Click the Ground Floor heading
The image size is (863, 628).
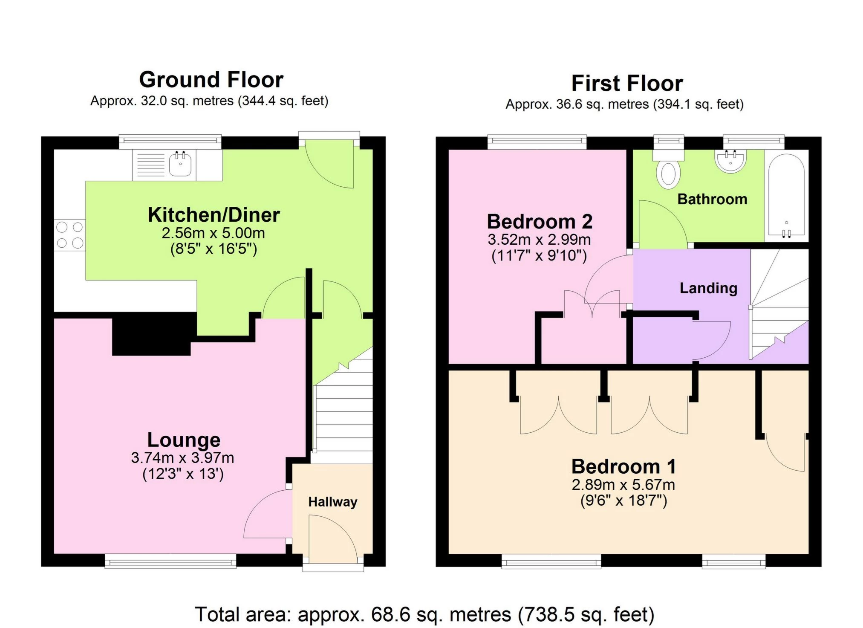211,80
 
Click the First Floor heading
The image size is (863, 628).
626,83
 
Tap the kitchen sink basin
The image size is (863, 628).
180,164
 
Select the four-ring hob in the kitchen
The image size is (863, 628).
70,235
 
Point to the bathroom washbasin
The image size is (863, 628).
730,161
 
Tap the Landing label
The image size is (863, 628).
708,288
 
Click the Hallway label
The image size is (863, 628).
332,502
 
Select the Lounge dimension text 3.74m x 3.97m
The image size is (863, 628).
182,458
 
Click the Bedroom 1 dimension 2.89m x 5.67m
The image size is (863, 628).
623,485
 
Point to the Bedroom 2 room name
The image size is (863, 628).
540,222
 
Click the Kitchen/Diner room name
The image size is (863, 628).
214,215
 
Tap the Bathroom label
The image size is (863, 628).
712,199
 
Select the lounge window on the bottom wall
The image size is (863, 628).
170,561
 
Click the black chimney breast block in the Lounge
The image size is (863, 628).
151,335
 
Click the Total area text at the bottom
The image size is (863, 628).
424,614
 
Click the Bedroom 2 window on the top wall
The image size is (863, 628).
537,142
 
